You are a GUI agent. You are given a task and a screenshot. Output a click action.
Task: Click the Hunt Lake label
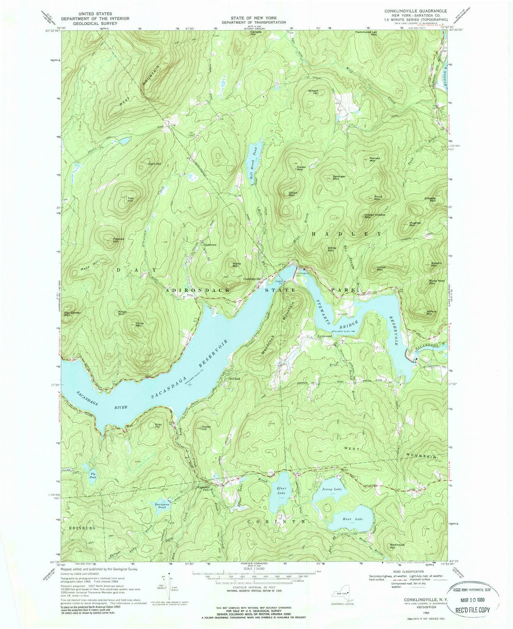coord(353,519)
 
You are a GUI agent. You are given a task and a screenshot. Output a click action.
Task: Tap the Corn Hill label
coord(155,164)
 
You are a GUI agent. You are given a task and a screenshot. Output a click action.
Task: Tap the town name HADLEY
coord(346,234)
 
